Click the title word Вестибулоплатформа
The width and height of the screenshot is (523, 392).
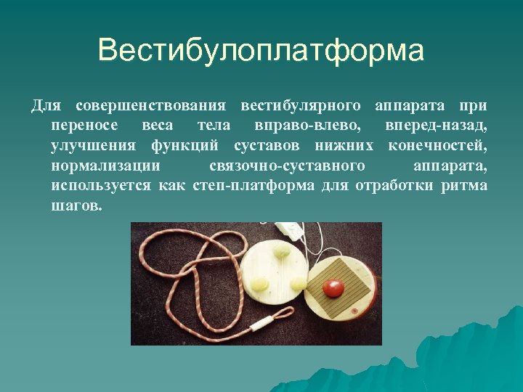click(261, 51)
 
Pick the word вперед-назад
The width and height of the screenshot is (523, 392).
click(437, 126)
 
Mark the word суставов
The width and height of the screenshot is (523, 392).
click(267, 146)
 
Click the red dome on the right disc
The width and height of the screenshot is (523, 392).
click(333, 287)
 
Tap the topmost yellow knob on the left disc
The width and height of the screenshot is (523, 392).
click(281, 251)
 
